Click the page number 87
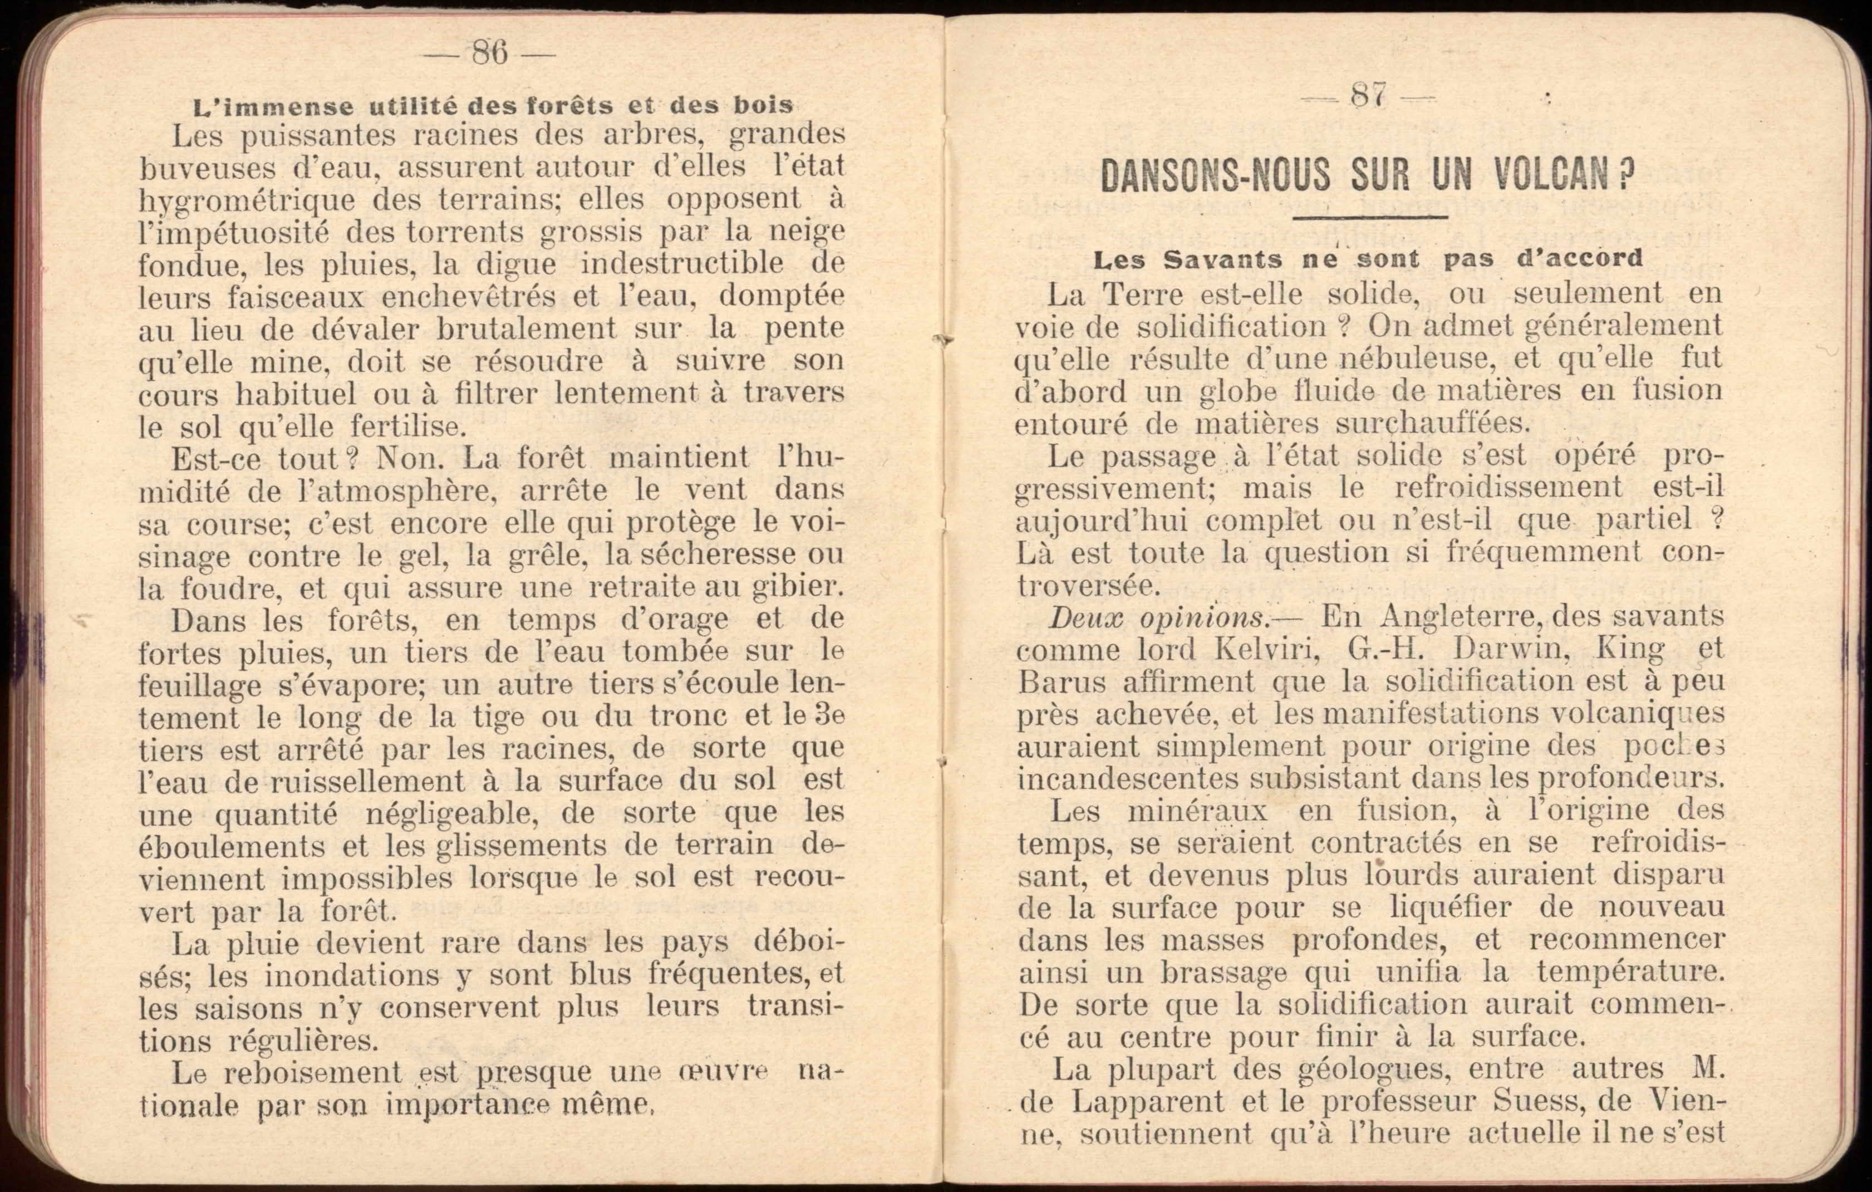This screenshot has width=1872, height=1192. [1368, 96]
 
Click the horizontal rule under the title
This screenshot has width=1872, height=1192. [1374, 218]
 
